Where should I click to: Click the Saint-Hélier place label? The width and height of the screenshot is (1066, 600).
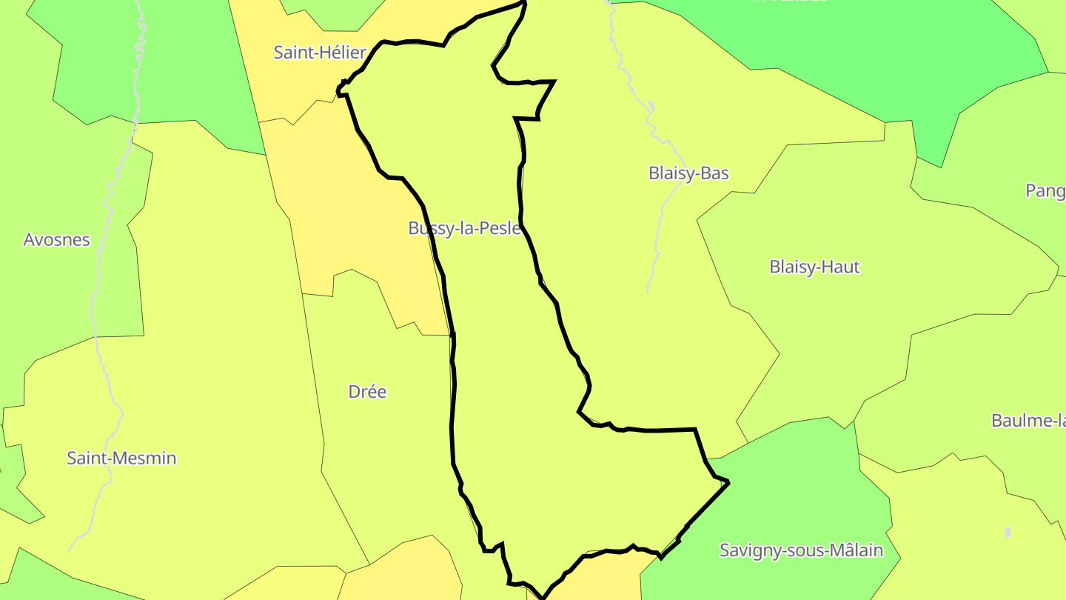[320, 53]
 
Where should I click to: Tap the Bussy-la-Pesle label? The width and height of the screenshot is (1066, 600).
[464, 228]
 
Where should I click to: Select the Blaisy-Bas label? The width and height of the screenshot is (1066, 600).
[688, 173]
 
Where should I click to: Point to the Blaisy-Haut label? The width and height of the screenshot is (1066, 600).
[814, 267]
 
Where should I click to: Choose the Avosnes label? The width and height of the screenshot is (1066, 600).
[57, 240]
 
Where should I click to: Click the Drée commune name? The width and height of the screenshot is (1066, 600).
[367, 392]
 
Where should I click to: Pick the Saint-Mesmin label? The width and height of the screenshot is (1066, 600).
[121, 459]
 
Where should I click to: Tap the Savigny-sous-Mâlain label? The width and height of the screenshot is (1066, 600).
[801, 551]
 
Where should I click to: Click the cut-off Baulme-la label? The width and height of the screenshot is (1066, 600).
[1028, 421]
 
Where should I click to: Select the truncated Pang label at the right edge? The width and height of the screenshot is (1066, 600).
[1045, 191]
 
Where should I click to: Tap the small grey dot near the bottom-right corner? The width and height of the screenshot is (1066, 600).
[1008, 533]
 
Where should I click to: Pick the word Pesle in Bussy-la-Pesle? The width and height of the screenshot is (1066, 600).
[500, 228]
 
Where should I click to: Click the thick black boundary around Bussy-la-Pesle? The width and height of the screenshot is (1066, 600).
[452, 415]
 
